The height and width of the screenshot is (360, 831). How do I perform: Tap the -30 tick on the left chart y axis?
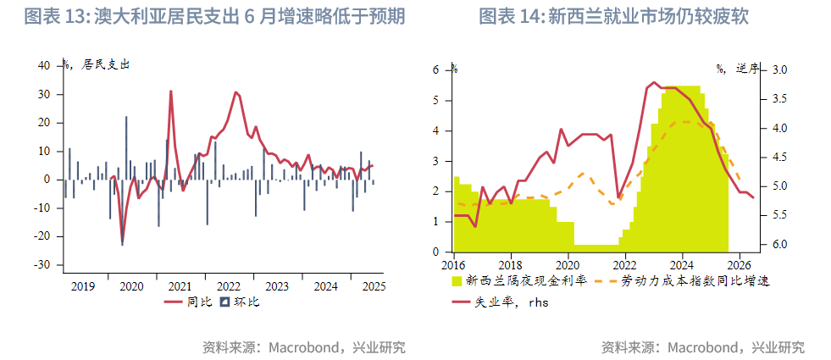42,265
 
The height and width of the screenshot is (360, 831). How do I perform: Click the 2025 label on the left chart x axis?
373,286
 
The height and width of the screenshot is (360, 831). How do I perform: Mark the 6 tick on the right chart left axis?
437,70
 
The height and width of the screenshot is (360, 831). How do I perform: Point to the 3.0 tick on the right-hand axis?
780,70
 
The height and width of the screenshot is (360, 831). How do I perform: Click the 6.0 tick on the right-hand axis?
780,245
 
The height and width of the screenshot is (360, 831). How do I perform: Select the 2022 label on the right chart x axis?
624,264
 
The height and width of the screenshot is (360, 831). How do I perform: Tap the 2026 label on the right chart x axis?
738,264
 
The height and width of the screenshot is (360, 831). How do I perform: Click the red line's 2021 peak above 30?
170,91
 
